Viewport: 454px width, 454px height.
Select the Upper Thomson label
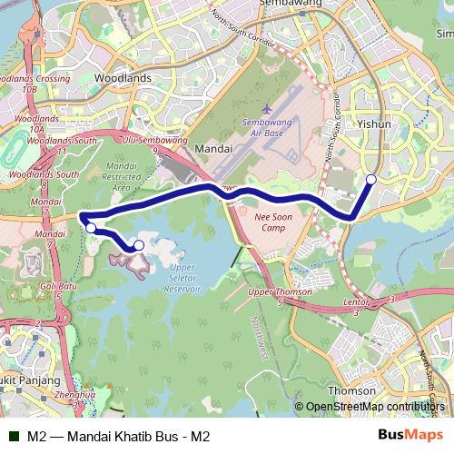280,291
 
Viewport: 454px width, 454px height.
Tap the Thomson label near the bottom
350,390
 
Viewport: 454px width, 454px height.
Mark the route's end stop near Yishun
371,179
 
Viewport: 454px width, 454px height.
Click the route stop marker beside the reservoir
139,245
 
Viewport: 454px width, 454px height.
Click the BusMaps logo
410,435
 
